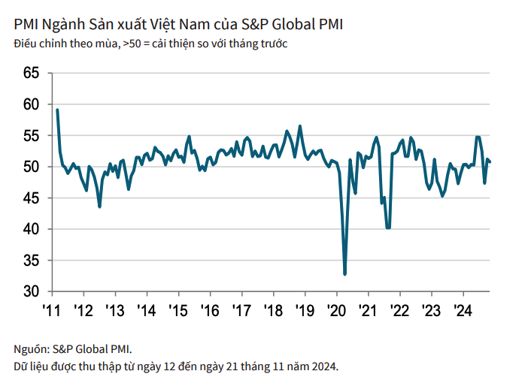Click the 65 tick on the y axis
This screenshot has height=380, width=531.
(30, 74)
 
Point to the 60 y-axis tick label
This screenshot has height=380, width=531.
(30, 104)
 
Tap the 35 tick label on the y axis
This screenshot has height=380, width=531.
(30, 261)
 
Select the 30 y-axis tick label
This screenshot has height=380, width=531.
(30, 291)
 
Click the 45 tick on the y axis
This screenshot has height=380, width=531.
(30, 198)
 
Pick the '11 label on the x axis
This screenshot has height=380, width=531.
(51, 310)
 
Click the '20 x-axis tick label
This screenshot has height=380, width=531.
(335, 310)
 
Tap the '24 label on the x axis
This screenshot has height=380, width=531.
(462, 310)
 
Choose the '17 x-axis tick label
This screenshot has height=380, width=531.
(241, 310)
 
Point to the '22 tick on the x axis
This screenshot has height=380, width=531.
(399, 310)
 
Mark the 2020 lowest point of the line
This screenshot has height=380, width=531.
(345, 274)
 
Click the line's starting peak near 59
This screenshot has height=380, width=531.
(57, 110)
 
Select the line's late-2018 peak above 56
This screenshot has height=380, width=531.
(300, 126)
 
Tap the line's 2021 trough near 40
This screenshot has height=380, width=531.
(388, 228)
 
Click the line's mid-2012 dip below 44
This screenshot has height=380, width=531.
(99, 206)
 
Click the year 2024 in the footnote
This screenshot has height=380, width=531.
(324, 366)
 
